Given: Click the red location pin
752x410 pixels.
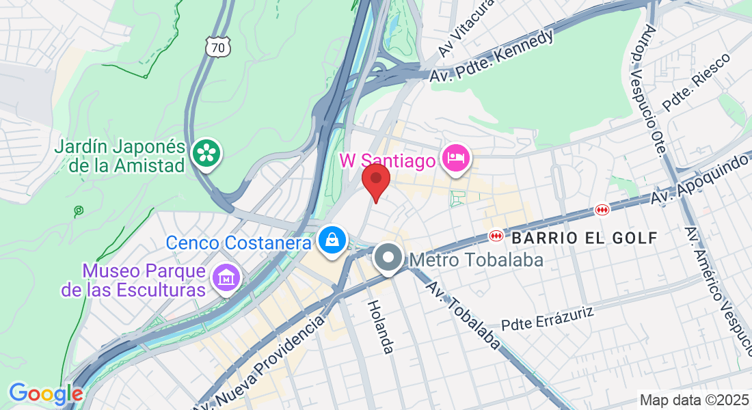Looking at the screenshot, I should point(375,179).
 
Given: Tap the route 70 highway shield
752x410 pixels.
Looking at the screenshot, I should point(218,47).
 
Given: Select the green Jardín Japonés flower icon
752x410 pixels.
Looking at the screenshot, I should point(205,152).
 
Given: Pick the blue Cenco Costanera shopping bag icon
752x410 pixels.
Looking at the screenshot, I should point(332,240).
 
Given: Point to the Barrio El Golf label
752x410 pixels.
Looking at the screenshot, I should point(585,238).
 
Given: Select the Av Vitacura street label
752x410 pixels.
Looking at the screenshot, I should point(457,29).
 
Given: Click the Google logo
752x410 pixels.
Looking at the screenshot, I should point(46,394).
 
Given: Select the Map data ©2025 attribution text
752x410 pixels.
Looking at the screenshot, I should point(693,400).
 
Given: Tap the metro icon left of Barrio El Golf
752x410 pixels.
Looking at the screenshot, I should point(496,236).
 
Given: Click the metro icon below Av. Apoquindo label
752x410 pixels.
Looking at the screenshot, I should point(602,210).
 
